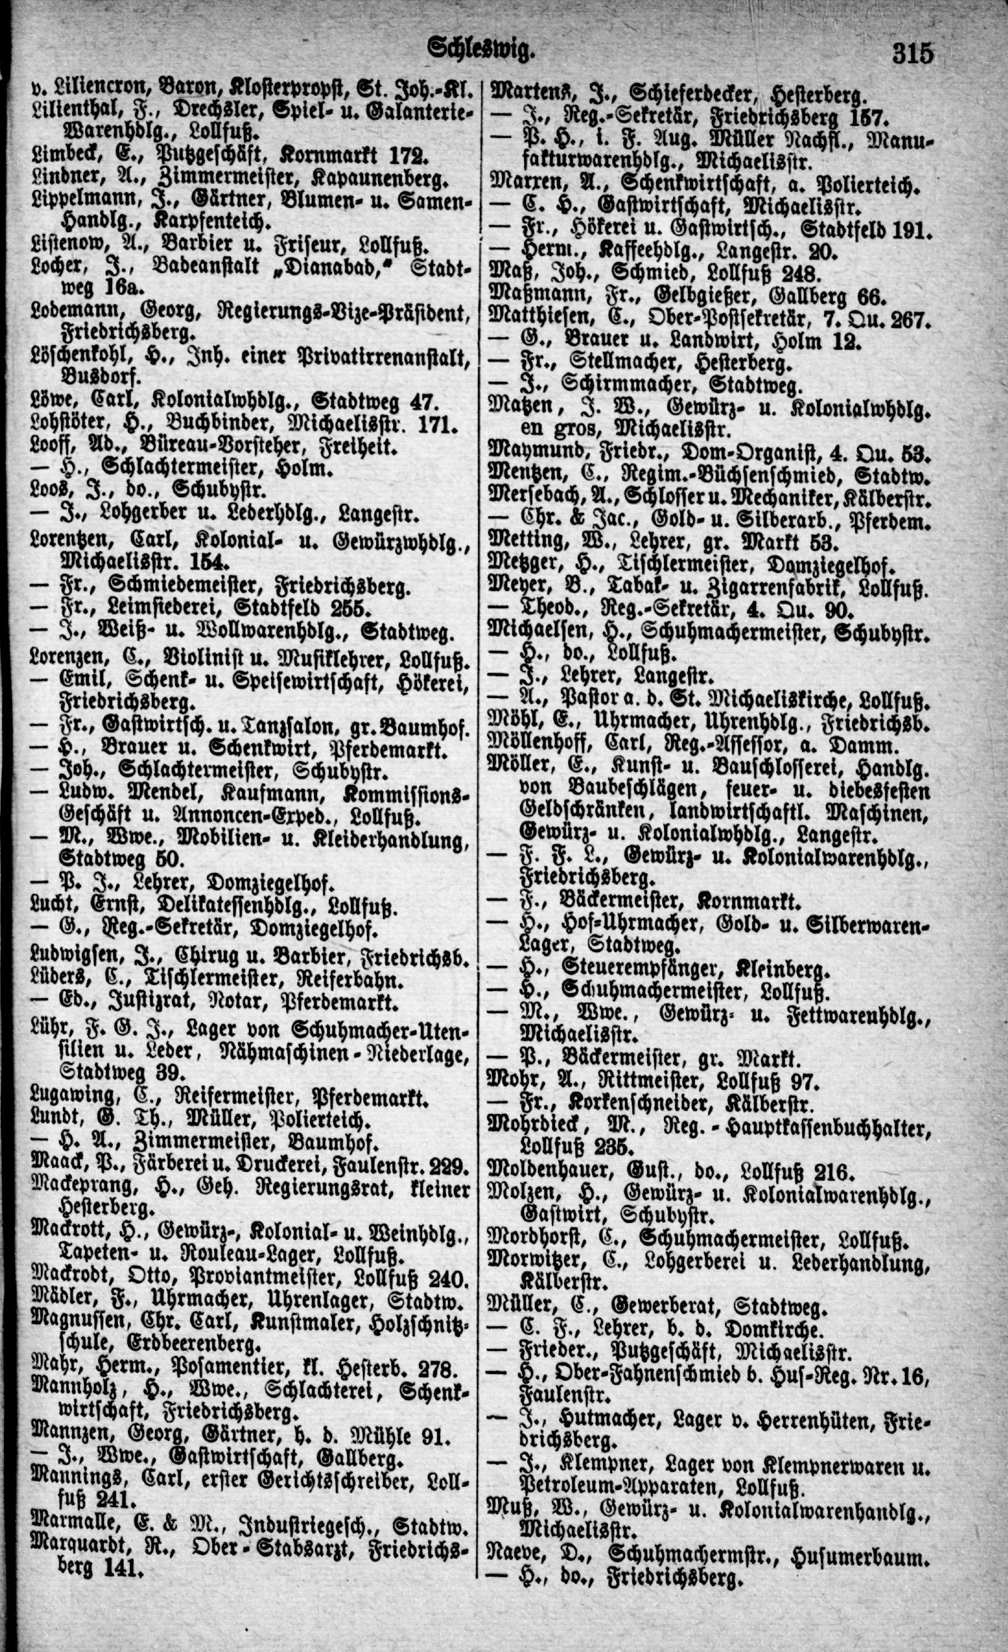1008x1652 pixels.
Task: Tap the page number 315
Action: pyautogui.click(x=912, y=52)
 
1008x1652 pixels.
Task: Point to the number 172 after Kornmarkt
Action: pyautogui.click(x=408, y=158)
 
